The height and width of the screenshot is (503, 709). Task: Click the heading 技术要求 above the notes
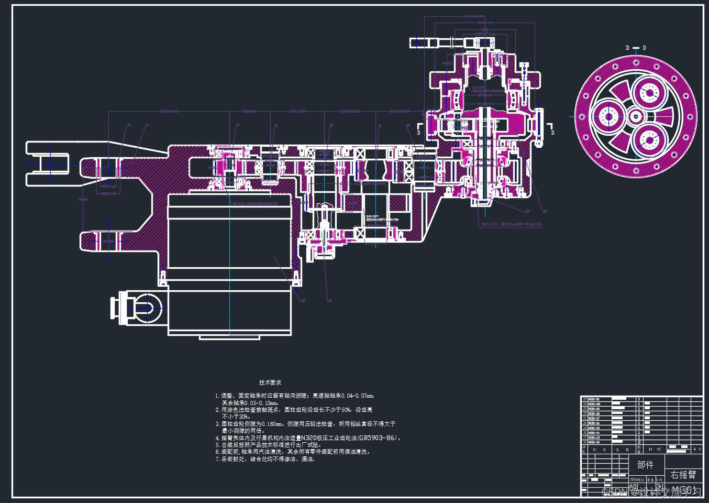pos(270,382)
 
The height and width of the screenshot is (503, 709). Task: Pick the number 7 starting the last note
pos(217,459)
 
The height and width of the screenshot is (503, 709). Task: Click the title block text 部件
pos(645,465)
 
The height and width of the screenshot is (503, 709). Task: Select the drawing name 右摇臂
pos(683,475)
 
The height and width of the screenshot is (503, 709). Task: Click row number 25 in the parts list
pos(584,399)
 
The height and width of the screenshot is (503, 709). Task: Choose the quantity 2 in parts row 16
pos(639,442)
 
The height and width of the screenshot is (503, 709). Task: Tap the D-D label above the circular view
pos(636,48)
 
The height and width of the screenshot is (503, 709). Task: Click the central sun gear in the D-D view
pos(636,116)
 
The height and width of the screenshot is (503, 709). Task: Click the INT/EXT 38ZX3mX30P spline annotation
pos(512,224)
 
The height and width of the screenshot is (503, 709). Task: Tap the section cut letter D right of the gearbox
pos(553,133)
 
